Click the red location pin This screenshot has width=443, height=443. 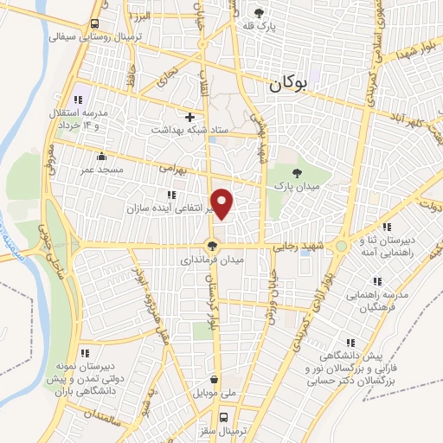pos(222,203)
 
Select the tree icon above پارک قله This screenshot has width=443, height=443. pos(258,13)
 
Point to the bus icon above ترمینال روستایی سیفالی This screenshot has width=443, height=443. pos(93,23)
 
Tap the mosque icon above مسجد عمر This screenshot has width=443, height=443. pos(102,157)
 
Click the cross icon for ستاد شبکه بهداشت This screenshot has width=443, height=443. pos(189,117)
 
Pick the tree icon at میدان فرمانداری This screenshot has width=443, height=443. pos(212,246)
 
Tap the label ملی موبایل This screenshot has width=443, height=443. pos(215,394)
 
